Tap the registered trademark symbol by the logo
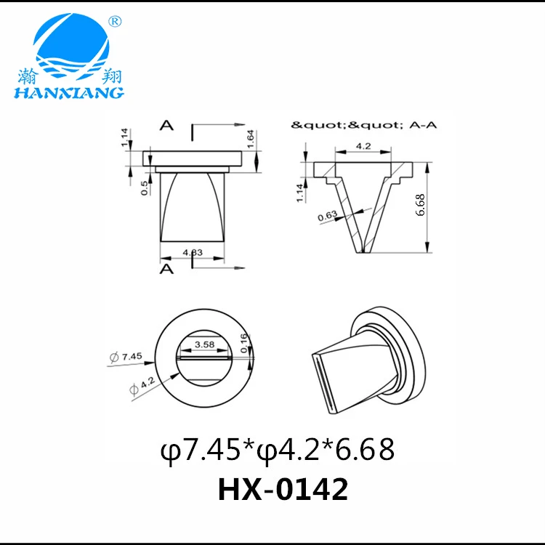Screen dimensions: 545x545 114,23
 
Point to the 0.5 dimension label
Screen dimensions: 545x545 145,187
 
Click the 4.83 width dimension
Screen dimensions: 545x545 193,252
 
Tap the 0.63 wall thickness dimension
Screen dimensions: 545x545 328,214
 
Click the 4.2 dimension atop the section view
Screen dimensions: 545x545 364,147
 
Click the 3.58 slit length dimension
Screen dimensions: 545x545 204,346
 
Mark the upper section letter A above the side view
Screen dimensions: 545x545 166,126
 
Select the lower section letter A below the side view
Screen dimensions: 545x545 166,269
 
